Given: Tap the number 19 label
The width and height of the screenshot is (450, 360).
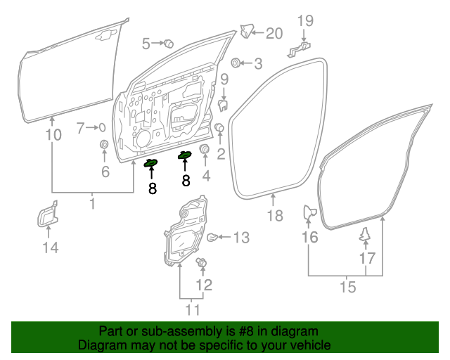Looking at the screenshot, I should click(x=304, y=20).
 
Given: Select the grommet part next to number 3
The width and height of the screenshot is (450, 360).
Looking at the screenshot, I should click(x=236, y=63).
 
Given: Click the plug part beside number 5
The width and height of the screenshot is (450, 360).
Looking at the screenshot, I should click(x=169, y=44).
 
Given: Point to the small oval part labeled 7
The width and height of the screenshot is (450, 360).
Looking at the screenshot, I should click(x=103, y=127).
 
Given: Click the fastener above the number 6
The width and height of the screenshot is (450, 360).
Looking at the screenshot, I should click(x=105, y=146).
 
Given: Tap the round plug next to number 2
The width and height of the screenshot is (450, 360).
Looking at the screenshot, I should click(x=219, y=128).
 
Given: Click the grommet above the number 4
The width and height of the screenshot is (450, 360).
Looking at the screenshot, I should click(x=205, y=150).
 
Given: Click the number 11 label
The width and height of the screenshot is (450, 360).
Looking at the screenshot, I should click(x=192, y=309).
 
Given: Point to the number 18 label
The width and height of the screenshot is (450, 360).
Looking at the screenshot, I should click(x=276, y=215).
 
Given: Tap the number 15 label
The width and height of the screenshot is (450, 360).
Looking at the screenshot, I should click(x=347, y=287).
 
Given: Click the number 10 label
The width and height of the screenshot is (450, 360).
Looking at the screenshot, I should click(x=53, y=134).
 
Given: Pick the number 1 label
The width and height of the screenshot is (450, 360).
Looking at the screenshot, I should click(x=92, y=204).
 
